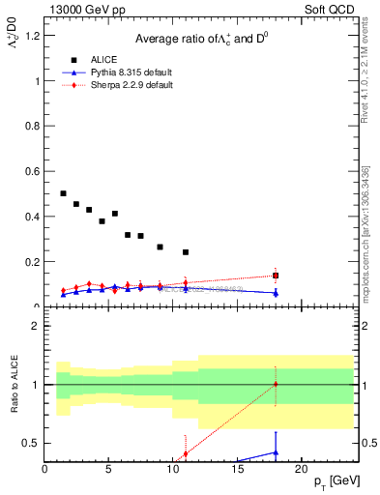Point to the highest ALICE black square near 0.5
(64, 193)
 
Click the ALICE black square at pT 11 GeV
(186, 252)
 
